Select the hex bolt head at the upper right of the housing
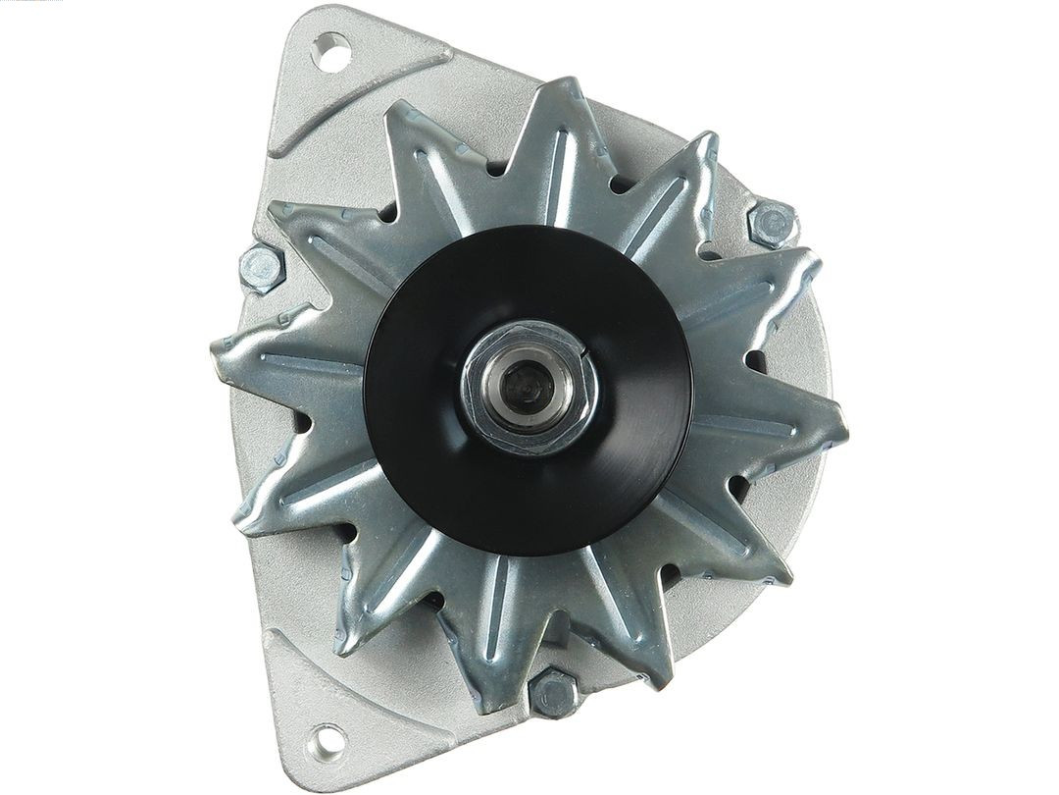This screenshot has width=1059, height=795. [772, 223]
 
